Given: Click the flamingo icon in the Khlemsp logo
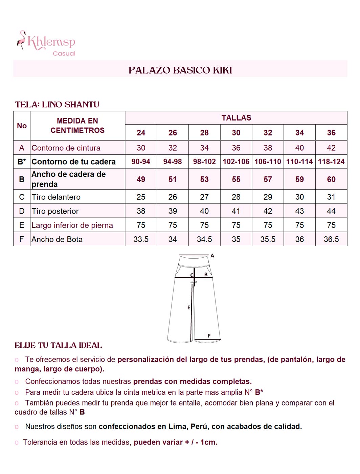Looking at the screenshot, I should coord(22,40).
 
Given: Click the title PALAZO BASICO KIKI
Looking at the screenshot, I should coord(180,70).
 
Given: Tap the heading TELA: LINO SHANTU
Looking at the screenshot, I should coord(57,105).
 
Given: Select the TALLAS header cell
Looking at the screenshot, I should coord(236,118).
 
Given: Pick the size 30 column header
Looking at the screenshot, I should coord(236,133).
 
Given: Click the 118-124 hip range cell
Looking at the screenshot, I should coord(331,162).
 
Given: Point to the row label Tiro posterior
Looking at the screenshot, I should coord(55,211).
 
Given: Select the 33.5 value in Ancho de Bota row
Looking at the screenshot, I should coord(141,239).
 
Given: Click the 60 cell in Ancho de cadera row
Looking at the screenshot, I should coord(331,179).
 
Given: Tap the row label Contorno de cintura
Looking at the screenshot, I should coord(66,148).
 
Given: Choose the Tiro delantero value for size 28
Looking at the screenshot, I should coord(204,197).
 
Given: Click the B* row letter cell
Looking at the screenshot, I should coord(22,162).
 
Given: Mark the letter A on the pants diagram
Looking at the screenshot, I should coord(212,256).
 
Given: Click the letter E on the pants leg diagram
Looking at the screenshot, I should coord(189,307).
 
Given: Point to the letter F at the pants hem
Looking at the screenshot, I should coord(209,336).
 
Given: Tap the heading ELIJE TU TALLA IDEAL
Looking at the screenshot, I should coord(58,345).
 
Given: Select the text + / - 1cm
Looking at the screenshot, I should coord(201,442).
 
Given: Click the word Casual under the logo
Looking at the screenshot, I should coord(64,53).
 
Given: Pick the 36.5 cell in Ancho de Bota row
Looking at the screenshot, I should coord(331,239).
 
